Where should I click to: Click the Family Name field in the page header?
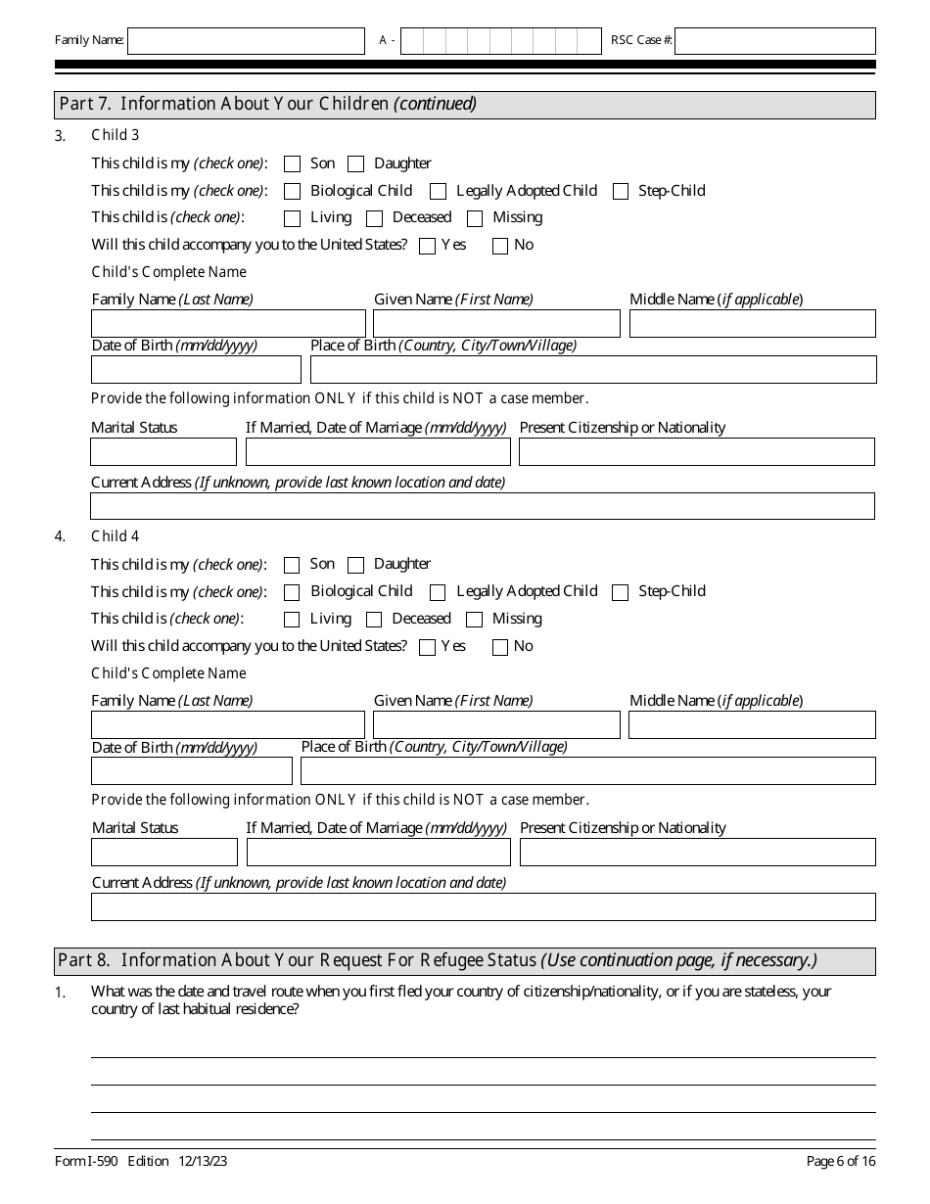pyautogui.click(x=246, y=41)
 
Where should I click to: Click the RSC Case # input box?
pyautogui.click(x=774, y=41)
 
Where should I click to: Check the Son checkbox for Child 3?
pyautogui.click(x=292, y=164)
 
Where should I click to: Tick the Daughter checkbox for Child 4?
pyautogui.click(x=356, y=565)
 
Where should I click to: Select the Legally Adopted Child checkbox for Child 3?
pyautogui.click(x=439, y=192)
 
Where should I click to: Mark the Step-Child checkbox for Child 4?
pyautogui.click(x=620, y=592)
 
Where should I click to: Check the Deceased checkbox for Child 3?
pyautogui.click(x=374, y=218)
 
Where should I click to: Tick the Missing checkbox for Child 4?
pyautogui.click(x=475, y=620)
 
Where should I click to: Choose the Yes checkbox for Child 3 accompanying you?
pyautogui.click(x=427, y=246)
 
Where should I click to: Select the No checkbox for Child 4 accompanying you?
pyautogui.click(x=500, y=647)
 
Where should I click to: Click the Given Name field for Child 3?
pyautogui.click(x=496, y=324)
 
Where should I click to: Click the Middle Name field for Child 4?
pyautogui.click(x=752, y=725)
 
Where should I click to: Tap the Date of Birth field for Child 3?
pyautogui.click(x=196, y=370)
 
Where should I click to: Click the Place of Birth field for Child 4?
pyautogui.click(x=587, y=771)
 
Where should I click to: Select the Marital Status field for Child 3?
pyautogui.click(x=163, y=452)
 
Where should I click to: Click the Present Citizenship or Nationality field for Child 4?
pyautogui.click(x=697, y=853)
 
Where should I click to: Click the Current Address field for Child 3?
pyautogui.click(x=483, y=506)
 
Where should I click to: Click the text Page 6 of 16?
pyautogui.click(x=841, y=1161)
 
